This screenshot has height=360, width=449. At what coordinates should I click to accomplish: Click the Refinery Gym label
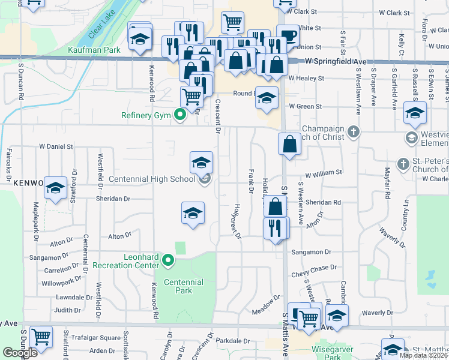click(x=146, y=116)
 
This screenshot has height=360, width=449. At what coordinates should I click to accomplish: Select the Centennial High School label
click(x=152, y=179)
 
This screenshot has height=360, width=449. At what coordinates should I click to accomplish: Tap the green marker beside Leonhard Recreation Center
click(x=168, y=261)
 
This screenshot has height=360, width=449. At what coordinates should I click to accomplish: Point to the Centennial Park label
click(x=183, y=286)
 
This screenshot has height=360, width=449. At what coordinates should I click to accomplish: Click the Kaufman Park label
click(x=91, y=50)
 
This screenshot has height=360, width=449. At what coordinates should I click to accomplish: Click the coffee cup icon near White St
click(x=288, y=35)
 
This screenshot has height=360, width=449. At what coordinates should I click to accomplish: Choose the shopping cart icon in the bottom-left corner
click(x=41, y=338)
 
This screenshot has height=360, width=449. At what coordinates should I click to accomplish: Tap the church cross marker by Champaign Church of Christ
click(x=354, y=131)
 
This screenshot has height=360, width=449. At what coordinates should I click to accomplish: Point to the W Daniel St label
click(x=56, y=146)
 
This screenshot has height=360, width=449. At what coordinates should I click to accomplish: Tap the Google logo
click(x=20, y=353)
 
